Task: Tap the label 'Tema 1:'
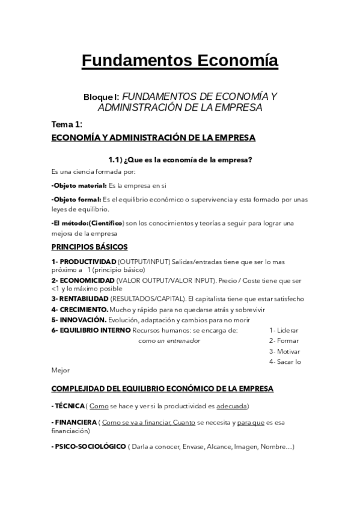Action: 67,124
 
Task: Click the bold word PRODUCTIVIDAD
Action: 88,262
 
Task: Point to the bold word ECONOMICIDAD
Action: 87,280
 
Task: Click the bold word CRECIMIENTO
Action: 84,309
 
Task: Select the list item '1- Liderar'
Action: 284,330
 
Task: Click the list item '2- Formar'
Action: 284,340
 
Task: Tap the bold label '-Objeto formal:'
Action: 76,199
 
